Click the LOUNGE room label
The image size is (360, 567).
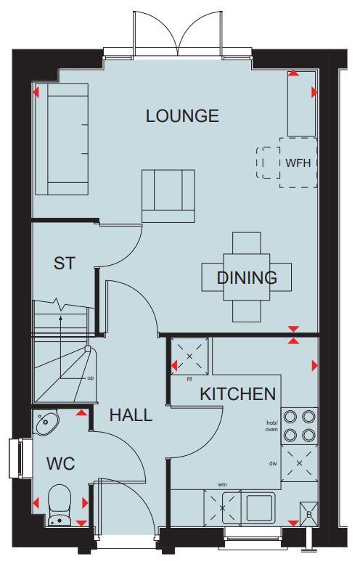[182, 115]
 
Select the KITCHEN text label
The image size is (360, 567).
[238, 394]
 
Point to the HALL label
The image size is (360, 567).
[131, 415]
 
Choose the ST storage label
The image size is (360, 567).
[65, 263]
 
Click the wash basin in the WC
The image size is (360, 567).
[48, 422]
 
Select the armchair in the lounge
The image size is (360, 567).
[168, 195]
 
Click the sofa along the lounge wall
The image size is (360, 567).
[62, 139]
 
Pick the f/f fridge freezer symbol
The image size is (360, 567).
[189, 356]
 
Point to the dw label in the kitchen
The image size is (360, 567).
[273, 462]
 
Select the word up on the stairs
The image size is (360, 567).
[90, 378]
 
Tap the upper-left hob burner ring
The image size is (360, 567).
[290, 417]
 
